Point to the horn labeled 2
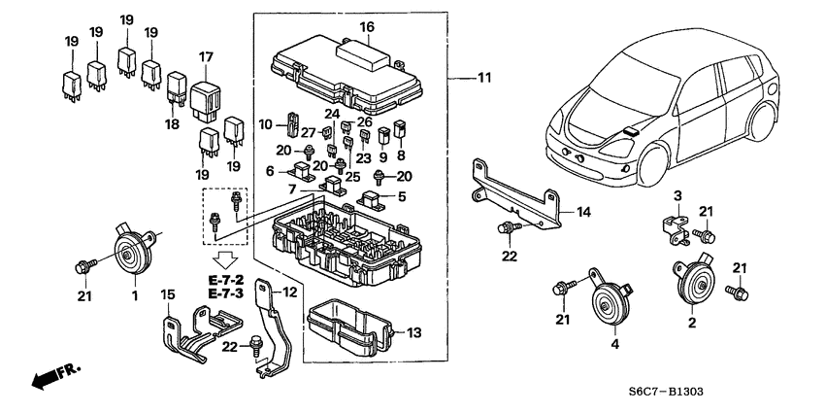point(693,282)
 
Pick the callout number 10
point(264,124)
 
